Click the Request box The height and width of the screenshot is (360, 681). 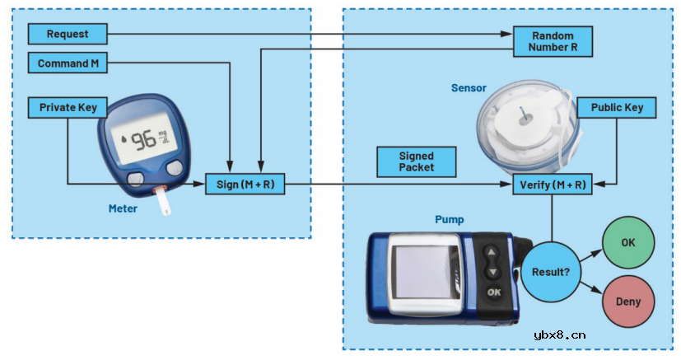click(x=68, y=34)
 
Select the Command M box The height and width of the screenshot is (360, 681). click(x=68, y=63)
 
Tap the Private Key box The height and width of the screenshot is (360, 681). click(x=68, y=107)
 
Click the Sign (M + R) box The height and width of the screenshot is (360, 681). click(x=245, y=184)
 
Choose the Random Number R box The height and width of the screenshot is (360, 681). click(x=553, y=42)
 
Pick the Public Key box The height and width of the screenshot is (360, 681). click(x=617, y=107)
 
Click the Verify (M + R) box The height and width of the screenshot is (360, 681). click(x=553, y=184)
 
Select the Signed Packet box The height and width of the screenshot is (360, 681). click(x=416, y=161)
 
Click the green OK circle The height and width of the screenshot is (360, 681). click(x=628, y=244)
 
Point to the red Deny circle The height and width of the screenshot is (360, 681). click(x=628, y=302)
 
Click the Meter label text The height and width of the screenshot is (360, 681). click(x=124, y=208)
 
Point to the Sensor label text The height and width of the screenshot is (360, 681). click(x=469, y=87)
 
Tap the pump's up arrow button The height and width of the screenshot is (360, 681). click(x=492, y=254)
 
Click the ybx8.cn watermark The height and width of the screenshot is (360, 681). click(x=559, y=334)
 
